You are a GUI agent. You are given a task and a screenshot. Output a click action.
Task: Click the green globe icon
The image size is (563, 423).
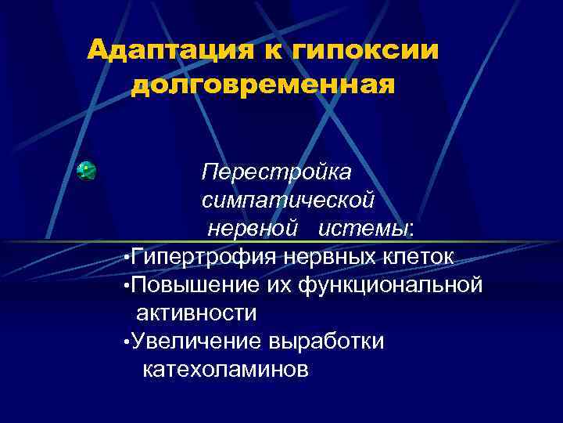[86, 171]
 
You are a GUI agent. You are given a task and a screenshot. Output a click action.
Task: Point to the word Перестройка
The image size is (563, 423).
[277, 171]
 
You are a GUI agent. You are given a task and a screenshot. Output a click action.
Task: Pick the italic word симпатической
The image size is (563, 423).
[289, 200]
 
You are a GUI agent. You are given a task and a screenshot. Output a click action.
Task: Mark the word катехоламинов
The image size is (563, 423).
[226, 370]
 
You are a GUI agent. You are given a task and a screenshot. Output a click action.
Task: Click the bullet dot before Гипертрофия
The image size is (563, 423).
[127, 258]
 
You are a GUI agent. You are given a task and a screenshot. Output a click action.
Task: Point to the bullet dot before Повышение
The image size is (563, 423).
[127, 286]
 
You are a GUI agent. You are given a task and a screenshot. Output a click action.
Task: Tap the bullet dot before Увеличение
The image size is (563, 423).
[127, 343]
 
